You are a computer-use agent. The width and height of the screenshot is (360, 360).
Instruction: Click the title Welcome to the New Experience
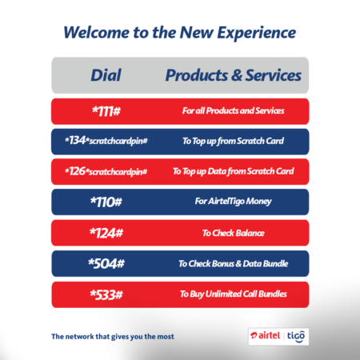(179, 33)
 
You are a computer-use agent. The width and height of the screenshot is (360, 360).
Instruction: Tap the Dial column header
(107, 75)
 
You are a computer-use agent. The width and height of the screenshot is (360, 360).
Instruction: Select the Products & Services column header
(233, 75)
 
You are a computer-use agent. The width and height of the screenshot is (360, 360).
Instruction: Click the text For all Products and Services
(233, 110)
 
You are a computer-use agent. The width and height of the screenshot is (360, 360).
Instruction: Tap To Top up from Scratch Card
(233, 141)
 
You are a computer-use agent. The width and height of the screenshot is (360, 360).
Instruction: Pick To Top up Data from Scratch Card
(233, 171)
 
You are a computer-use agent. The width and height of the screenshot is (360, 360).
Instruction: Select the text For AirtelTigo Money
(233, 202)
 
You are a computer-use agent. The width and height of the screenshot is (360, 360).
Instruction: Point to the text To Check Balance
(233, 233)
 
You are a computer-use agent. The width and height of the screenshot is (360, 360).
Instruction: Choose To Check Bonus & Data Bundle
(233, 263)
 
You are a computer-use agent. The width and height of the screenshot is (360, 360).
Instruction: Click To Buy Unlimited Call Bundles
(233, 294)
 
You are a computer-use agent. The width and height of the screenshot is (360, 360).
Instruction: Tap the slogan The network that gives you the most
(113, 336)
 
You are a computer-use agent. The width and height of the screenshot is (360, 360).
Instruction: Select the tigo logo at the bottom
(296, 335)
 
